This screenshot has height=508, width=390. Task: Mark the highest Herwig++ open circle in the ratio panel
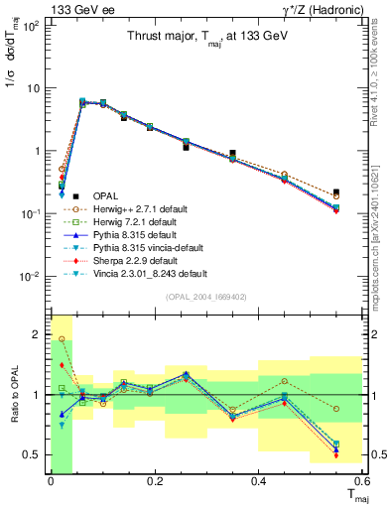pos(62,339)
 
